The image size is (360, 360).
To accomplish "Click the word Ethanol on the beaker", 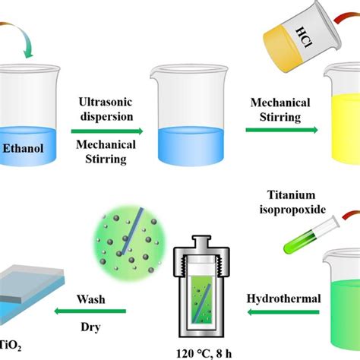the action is point(23,148).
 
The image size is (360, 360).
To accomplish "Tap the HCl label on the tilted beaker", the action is point(304,37).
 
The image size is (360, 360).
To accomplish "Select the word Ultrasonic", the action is point(106,102).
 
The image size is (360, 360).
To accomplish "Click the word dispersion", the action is point(106,117).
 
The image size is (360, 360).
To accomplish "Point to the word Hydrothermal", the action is point(284,298).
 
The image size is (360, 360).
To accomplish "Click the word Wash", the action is point(91,299).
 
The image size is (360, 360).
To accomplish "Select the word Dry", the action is point(90,327).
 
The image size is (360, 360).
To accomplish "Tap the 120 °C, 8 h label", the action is point(204,354).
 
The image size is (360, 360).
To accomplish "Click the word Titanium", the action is point(292,195).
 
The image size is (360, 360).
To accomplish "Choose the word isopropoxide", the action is point(292,210).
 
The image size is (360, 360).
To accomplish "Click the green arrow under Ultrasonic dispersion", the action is point(107,131).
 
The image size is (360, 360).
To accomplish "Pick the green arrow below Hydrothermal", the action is point(283,312).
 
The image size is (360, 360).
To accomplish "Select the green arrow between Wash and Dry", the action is point(90,311).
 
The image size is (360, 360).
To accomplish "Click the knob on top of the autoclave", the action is point(201,242).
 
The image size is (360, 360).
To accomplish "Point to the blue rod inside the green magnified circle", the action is point(132,232).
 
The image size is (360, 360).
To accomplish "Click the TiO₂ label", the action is point(11,346).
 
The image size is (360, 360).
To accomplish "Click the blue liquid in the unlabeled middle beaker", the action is point(191,147).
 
